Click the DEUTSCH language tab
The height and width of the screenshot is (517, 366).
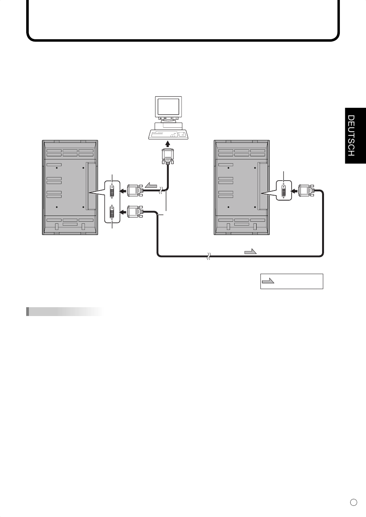(x=355, y=136)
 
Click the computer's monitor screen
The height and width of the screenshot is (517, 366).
(x=168, y=107)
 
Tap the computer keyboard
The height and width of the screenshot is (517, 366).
(x=168, y=135)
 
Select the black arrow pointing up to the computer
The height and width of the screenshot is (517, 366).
(x=168, y=144)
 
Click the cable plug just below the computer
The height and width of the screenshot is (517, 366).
(x=168, y=156)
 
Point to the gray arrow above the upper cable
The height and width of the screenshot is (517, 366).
(x=151, y=185)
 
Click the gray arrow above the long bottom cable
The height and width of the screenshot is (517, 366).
(x=250, y=251)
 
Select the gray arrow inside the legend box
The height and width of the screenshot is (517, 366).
(x=268, y=281)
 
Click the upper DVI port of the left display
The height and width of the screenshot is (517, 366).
(x=112, y=191)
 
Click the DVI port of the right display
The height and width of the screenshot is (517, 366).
(x=284, y=191)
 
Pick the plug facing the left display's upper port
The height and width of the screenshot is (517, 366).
(x=135, y=191)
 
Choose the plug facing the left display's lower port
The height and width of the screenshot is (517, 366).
(x=135, y=212)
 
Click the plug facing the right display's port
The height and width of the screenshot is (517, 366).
(x=306, y=191)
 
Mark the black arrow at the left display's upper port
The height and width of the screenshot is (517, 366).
(x=123, y=191)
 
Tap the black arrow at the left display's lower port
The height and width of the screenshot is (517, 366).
(x=123, y=212)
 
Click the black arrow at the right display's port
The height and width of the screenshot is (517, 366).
(x=294, y=191)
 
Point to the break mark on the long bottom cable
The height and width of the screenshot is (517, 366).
(x=208, y=256)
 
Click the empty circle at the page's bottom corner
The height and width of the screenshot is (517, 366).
(x=354, y=502)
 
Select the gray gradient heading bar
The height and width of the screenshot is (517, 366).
(x=65, y=311)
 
